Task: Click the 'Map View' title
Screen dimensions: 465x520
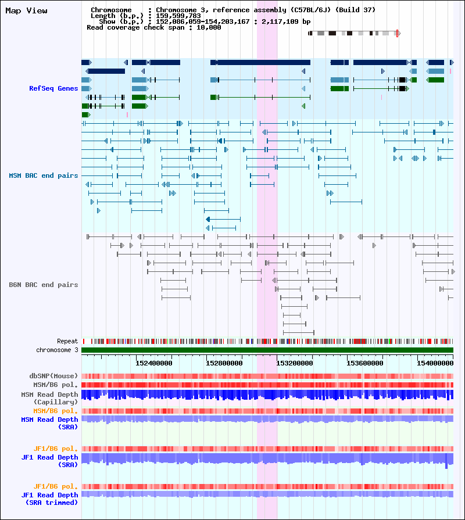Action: coord(26,10)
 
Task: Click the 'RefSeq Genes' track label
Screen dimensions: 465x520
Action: coord(53,88)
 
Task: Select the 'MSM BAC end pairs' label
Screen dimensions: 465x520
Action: coord(44,175)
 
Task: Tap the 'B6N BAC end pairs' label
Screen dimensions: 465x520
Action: coord(44,285)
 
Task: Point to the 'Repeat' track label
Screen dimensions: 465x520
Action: coord(67,341)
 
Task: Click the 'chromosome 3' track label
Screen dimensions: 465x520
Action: coord(57,350)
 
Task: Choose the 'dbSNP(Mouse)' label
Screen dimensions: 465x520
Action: coord(53,376)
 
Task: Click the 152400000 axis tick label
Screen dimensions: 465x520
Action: coord(154,363)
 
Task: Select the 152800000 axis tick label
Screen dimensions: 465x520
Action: coord(224,363)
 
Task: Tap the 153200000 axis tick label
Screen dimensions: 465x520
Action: coord(295,363)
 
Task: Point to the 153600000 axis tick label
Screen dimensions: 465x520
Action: coord(365,363)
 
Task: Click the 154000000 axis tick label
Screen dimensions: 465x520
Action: coord(435,363)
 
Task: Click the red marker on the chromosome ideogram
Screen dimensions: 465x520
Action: coord(397,33)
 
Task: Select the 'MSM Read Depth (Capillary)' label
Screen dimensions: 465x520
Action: coord(50,398)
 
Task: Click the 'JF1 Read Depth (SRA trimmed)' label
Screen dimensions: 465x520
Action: coord(50,499)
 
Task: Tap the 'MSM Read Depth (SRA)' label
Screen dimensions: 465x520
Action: coord(50,423)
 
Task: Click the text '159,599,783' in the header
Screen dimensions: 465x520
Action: coord(178,16)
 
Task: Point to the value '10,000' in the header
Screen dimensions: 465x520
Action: coord(209,27)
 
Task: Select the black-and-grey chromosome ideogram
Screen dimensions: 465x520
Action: coord(354,33)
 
